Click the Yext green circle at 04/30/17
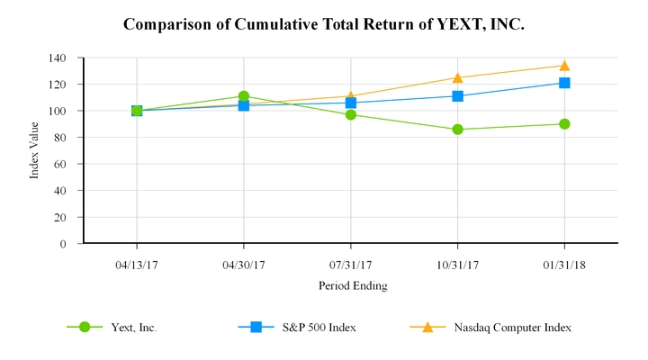(x=244, y=96)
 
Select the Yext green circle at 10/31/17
(x=458, y=130)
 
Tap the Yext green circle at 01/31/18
(x=564, y=124)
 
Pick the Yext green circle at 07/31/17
(x=351, y=115)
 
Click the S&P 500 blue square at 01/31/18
(x=564, y=83)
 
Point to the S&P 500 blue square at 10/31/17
(x=458, y=96)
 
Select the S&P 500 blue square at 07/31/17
(x=351, y=103)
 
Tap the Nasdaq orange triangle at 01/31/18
(x=564, y=66)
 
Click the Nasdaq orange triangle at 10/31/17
(x=458, y=77)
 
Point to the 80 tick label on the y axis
(x=59, y=138)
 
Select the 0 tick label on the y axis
(x=63, y=244)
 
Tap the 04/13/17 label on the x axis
(x=137, y=265)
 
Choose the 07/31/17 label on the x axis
(x=351, y=265)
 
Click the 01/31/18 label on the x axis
(x=564, y=265)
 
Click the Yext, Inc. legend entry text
(x=134, y=328)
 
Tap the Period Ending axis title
(x=352, y=285)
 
